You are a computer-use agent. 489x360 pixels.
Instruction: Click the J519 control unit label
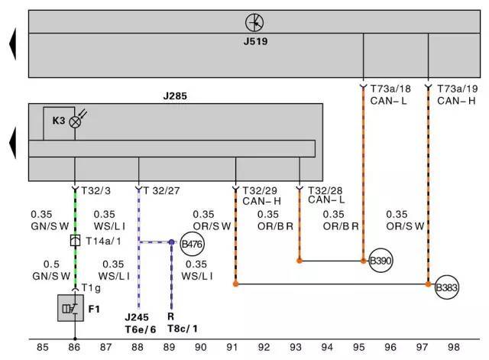coord(255,41)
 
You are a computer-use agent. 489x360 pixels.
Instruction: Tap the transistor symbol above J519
coord(254,22)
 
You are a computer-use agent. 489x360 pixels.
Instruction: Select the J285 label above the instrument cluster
coord(175,96)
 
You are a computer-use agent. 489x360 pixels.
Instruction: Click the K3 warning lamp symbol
coord(75,122)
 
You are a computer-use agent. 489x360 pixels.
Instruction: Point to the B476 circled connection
coord(192,244)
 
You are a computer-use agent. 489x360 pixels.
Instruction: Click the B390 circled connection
coord(381,261)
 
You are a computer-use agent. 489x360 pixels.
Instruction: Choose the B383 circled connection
coord(446,287)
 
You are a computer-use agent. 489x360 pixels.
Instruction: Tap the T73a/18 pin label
coord(390,89)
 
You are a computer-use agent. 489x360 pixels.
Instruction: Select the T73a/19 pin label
coord(457,89)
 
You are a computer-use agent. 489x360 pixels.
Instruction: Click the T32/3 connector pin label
coord(96,190)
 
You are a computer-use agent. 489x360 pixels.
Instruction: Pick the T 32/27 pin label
coord(161,190)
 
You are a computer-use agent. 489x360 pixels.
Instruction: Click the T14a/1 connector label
coord(103,241)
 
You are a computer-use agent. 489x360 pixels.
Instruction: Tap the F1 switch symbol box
coord(71,308)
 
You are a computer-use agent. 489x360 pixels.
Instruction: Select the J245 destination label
coord(137,317)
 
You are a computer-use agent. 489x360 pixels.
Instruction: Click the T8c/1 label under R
coord(183,329)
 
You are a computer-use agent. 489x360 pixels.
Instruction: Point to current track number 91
coord(232,347)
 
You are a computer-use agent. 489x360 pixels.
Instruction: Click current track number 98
coord(454,347)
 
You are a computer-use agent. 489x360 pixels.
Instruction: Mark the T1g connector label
coord(91,288)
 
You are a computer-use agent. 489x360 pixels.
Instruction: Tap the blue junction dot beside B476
coord(171,242)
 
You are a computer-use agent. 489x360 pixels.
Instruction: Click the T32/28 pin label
coord(325,190)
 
